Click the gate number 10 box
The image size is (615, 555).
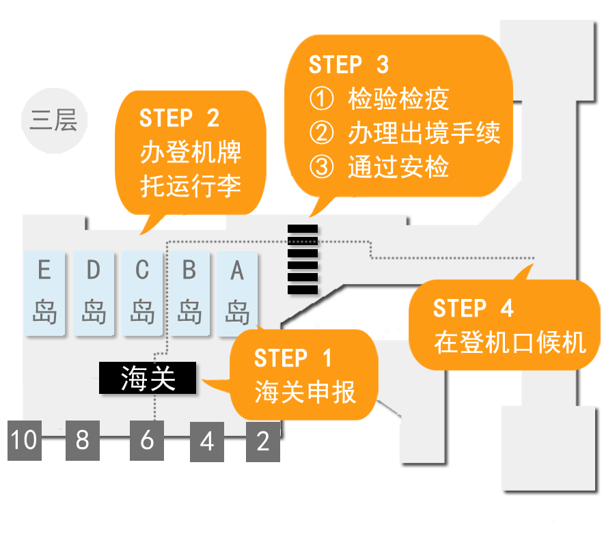pos(24,440)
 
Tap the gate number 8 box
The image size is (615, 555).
pos(82,440)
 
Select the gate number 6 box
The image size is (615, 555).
pos(147,440)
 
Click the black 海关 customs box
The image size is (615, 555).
pos(148,378)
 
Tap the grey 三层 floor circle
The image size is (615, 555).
pos(53,121)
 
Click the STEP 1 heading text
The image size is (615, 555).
pos(292,358)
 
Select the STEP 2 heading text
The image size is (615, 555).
pos(179,118)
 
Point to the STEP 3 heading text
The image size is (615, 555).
pos(348,65)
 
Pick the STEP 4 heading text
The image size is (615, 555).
pos(473,309)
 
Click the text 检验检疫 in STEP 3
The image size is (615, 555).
pos(398,99)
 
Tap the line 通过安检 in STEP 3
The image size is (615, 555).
pos(398,167)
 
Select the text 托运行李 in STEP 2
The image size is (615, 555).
pos(191,185)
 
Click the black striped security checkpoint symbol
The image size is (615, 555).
pos(302,259)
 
